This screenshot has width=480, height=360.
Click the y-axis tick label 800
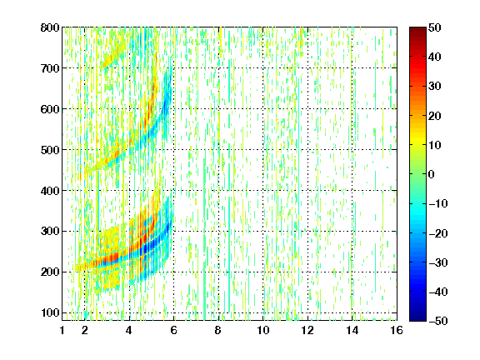50,27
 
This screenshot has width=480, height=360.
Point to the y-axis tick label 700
50,68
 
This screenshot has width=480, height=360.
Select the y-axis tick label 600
50,109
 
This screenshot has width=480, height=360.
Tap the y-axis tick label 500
50,150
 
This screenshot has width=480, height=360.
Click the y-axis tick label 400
50,191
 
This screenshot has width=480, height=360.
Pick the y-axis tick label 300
50,232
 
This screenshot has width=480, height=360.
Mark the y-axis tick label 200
50,272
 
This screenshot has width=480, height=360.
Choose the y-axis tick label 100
50,312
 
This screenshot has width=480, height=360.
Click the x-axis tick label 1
62,330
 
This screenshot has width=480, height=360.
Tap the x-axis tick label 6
174,330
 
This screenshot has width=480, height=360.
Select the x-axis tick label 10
263,330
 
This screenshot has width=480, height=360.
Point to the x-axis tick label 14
352,330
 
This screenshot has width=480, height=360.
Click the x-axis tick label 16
397,330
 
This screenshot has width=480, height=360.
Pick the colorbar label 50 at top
434,27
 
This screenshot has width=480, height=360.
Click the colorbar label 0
432,174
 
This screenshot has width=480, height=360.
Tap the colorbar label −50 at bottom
437,321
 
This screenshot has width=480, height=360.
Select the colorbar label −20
437,233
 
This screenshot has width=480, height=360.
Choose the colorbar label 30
434,87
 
